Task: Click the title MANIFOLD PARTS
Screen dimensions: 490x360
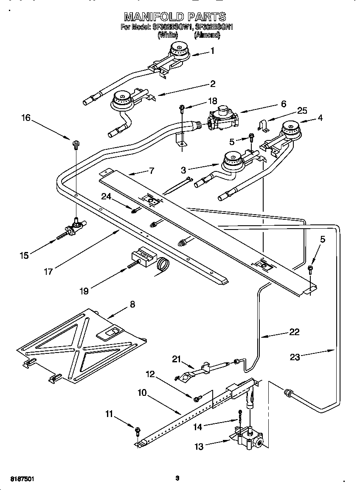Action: point(175,17)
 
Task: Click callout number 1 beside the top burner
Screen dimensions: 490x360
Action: point(212,51)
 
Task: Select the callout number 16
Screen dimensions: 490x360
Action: point(26,118)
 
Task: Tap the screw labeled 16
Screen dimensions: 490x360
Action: point(76,145)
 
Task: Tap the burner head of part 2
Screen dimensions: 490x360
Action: point(123,99)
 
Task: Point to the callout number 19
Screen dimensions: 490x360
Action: point(84,291)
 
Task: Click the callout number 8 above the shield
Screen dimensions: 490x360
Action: point(132,304)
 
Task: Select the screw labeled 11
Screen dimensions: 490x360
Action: point(137,431)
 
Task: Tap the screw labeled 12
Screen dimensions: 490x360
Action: point(197,399)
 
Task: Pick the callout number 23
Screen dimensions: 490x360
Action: point(295,357)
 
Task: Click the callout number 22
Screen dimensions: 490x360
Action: point(294,332)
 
